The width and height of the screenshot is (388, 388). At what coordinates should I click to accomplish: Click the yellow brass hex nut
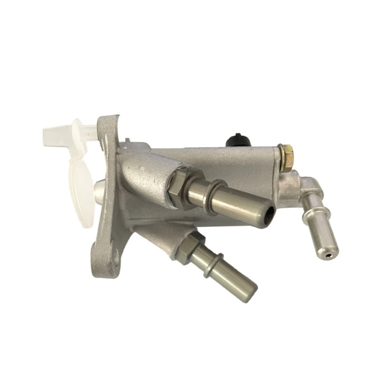(286, 156)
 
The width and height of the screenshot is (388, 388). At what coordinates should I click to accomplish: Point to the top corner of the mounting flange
(110, 119)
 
